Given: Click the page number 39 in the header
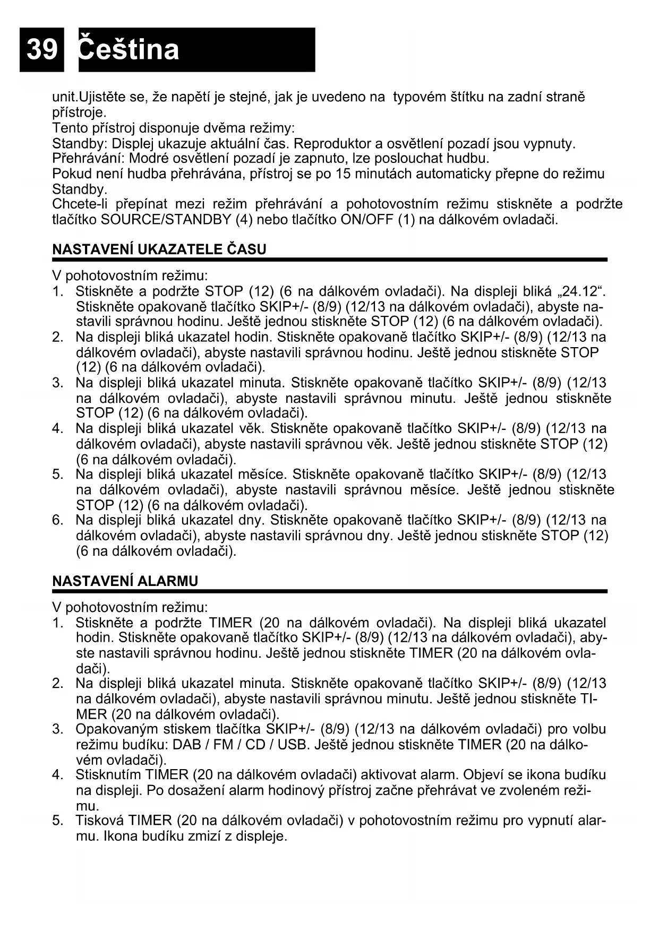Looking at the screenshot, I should tap(41, 49).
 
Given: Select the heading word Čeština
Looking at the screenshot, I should tap(129, 49).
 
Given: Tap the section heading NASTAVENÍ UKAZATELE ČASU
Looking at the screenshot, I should tap(159, 249).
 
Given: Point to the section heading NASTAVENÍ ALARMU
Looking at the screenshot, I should tap(125, 581).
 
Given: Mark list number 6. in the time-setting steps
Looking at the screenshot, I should tap(58, 520).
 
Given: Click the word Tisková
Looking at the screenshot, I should tap(99, 821).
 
